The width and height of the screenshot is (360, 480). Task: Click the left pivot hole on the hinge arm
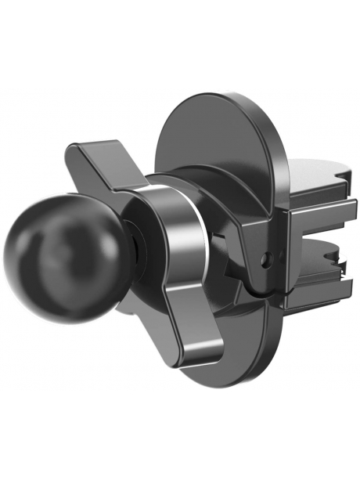(x=265, y=254)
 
